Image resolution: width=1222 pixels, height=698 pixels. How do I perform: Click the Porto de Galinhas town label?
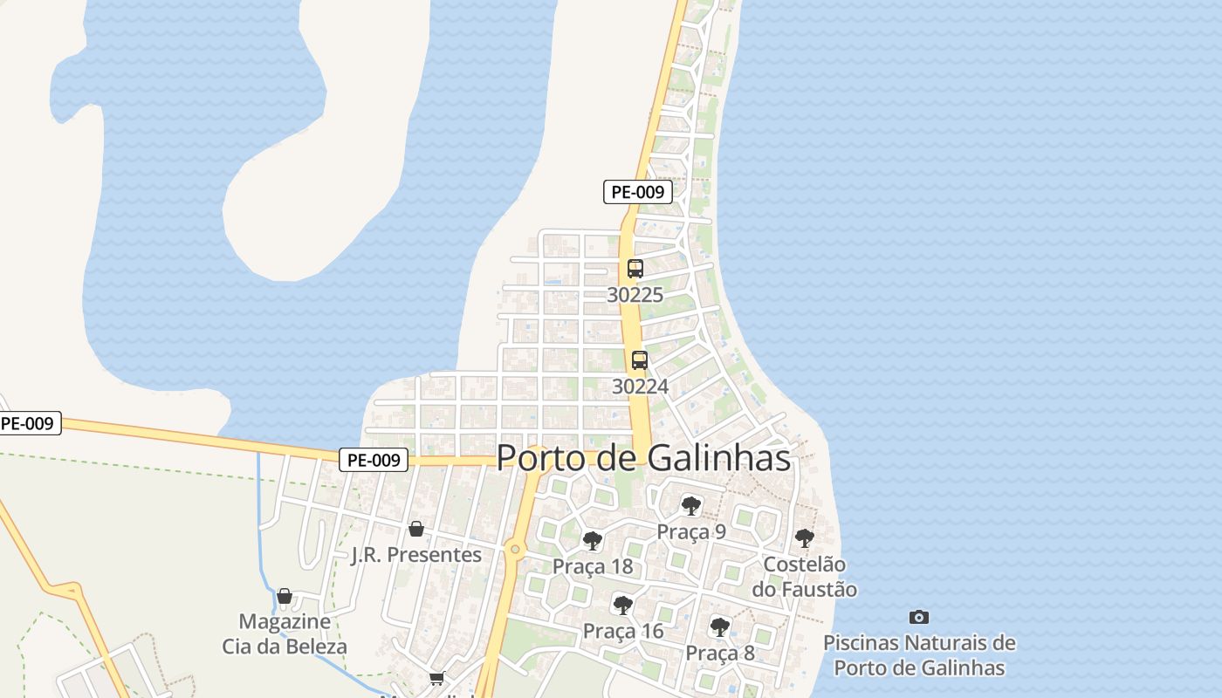(x=643, y=458)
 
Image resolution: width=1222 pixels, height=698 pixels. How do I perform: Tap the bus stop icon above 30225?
(x=635, y=269)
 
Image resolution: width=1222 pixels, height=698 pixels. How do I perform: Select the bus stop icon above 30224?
(x=640, y=359)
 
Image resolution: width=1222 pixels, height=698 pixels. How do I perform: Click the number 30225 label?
(x=635, y=295)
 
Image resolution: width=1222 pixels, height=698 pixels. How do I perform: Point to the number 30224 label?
(x=640, y=386)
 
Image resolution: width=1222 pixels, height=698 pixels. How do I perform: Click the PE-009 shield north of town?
(x=638, y=192)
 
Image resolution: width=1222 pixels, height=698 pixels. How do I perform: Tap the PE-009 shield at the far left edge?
(x=28, y=424)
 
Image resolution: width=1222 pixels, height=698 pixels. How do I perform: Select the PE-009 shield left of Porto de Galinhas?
(x=374, y=460)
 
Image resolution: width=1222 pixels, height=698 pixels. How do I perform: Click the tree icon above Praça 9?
(x=691, y=505)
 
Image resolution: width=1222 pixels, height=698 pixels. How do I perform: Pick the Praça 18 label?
(x=593, y=566)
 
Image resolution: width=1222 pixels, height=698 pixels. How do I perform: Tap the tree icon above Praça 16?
(x=623, y=605)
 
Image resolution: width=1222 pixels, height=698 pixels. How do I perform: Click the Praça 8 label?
(x=720, y=653)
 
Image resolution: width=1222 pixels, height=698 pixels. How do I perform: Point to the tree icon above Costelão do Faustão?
(x=805, y=538)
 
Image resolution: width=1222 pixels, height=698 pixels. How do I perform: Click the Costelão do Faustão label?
(x=805, y=577)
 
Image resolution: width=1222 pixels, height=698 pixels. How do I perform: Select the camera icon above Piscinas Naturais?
(x=919, y=617)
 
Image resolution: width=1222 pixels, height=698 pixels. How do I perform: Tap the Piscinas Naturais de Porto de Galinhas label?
(x=919, y=655)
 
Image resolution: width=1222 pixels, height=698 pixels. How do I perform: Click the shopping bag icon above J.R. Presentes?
(x=416, y=529)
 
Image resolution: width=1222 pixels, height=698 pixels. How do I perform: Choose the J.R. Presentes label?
(x=416, y=555)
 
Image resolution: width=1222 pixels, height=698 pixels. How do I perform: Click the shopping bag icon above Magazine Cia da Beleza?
(x=285, y=597)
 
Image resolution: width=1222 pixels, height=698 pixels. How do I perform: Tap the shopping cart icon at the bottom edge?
(x=437, y=678)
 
